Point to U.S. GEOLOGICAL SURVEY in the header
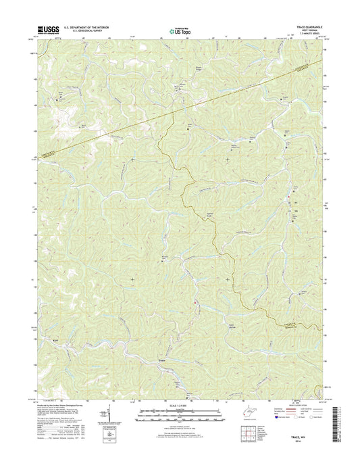tap(84, 32)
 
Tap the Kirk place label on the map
tap(57, 340)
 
